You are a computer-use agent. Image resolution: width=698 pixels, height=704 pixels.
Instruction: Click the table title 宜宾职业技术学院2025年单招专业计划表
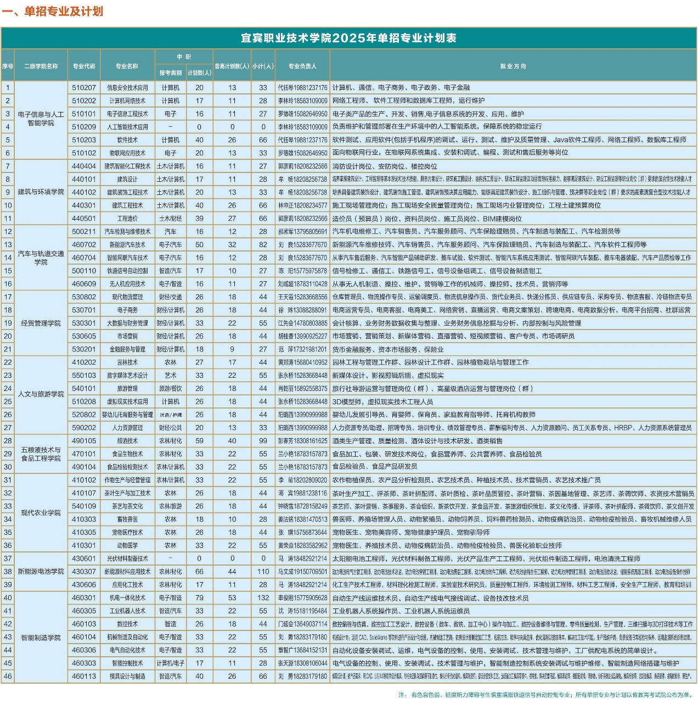pos(348,38)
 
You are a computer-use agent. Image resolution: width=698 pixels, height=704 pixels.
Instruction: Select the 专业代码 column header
pos(84,66)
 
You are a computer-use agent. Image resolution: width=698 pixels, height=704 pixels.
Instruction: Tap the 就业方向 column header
pos(513,66)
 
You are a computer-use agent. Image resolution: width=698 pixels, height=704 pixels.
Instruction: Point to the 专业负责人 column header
pos(302,66)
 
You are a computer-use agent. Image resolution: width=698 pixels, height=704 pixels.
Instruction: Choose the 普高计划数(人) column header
pos(232,66)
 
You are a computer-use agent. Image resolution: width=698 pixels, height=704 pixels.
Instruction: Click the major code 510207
pos(84,87)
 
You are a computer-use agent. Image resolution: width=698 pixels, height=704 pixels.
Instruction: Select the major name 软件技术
pos(127,140)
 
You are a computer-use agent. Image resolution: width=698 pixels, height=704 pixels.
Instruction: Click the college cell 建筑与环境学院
pos(41,192)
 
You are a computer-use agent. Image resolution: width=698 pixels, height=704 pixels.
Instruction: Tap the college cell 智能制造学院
pos(41,638)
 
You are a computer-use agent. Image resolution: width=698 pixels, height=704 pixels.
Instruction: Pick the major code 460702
pos(84,244)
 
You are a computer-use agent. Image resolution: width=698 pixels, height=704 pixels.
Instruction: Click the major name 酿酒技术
pos(127,441)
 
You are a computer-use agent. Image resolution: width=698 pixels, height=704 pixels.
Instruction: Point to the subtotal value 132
pos(263,598)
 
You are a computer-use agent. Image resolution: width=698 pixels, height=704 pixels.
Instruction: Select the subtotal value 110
pos(263,572)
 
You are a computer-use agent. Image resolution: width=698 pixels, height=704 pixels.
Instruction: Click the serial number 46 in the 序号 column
pos(8,677)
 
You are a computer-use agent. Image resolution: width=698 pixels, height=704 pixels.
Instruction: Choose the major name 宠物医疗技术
pos(127,532)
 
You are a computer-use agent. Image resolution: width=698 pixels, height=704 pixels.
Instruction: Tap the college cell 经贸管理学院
pos(41,323)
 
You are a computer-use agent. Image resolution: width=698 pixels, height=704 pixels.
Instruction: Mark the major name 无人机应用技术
pos(127,284)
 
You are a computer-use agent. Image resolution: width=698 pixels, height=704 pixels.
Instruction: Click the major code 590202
pos(84,428)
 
